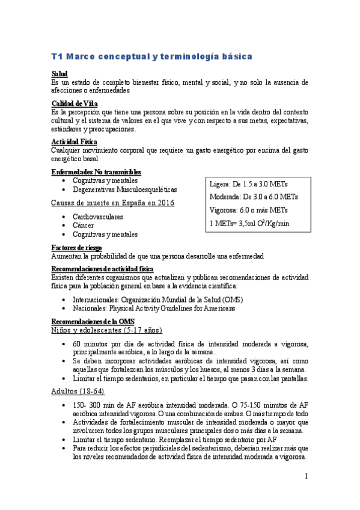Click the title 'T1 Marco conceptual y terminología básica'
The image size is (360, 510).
(151, 56)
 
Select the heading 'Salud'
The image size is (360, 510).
(59, 73)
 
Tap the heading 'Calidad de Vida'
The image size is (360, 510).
(75, 103)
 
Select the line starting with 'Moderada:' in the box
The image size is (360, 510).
(253, 197)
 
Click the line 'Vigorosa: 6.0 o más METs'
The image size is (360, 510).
(248, 210)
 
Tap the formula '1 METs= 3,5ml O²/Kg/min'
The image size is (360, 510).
(249, 223)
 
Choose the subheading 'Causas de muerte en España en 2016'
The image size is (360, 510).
(113, 203)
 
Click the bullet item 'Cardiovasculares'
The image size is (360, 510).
(97, 216)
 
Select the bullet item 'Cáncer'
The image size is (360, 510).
(84, 225)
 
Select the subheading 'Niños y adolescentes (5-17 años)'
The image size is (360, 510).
(107, 330)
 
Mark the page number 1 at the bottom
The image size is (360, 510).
(306, 476)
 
